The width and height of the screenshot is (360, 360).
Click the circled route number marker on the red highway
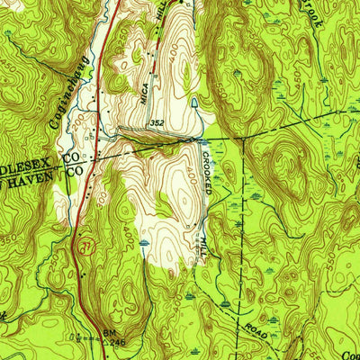[85, 244]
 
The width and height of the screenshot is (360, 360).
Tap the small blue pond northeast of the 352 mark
[195, 104]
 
